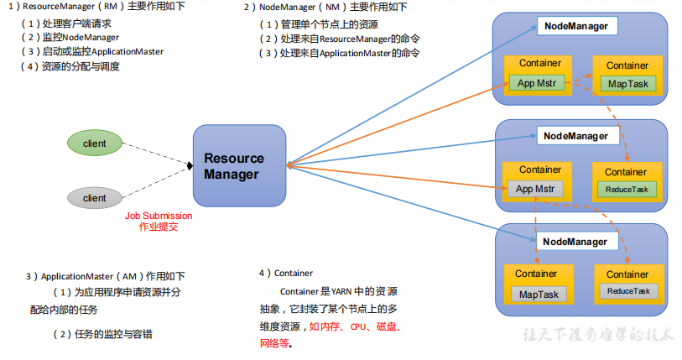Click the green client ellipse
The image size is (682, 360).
(95, 143)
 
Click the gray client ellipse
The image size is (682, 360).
(95, 198)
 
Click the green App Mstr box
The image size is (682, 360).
(538, 83)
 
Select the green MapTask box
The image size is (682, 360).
(627, 84)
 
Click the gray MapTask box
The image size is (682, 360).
(538, 294)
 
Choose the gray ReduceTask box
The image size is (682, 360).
(627, 291)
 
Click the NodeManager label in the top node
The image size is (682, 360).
(575, 27)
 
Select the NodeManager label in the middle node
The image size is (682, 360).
(575, 135)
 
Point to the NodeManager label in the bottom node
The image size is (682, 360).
(575, 242)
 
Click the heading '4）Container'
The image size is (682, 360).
(287, 273)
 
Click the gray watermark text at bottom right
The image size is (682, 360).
(596, 333)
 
